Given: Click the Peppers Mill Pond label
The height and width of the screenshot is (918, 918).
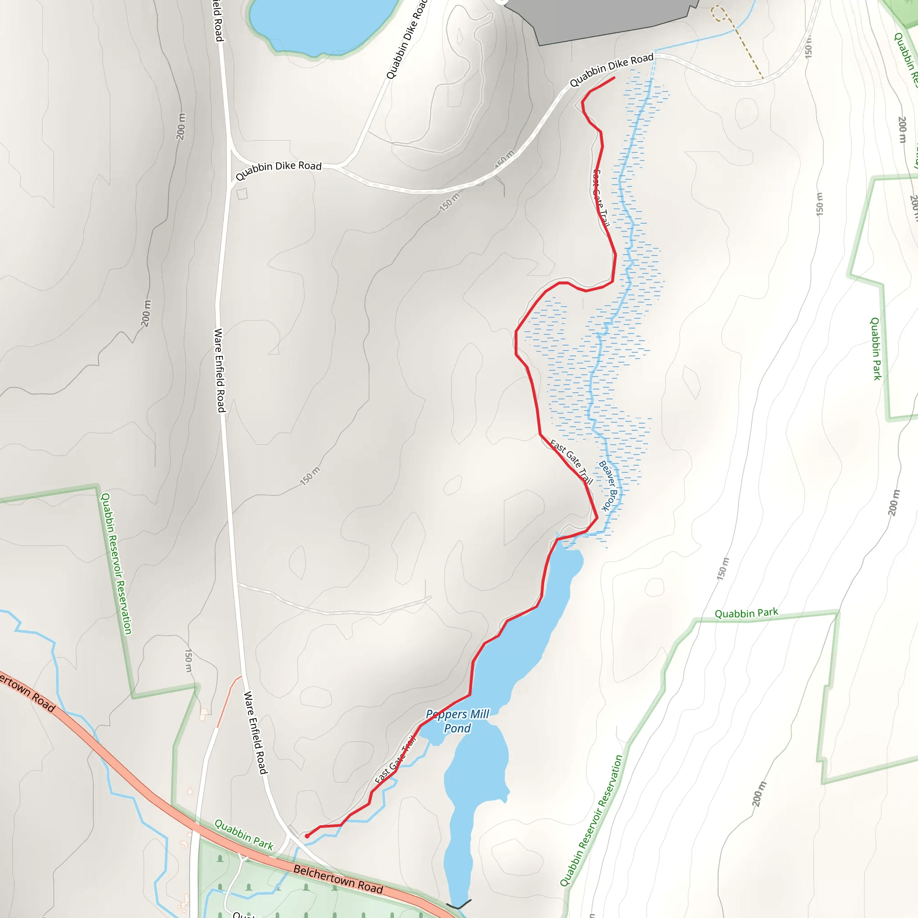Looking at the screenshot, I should pos(457,721).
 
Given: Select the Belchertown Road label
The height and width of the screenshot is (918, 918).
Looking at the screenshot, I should pos(338,879).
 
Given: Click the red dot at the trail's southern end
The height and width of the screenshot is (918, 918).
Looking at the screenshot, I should pos(307,836).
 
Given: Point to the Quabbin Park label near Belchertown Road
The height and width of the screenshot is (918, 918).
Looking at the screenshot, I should pos(244,834).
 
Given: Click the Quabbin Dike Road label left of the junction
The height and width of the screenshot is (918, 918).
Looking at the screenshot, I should pos(278,169).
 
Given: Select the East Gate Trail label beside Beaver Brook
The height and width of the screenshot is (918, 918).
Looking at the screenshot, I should pos(572,461).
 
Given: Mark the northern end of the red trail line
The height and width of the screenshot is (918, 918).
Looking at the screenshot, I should pos(614,78).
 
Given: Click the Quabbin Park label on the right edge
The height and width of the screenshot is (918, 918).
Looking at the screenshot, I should pos(875,349).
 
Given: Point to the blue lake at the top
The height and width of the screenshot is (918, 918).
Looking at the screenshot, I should pos(323,24).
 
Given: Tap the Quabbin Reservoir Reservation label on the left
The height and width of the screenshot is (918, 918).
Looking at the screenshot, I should pos(116,563).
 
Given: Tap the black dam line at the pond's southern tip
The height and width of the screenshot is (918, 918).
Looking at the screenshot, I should pos(459,903).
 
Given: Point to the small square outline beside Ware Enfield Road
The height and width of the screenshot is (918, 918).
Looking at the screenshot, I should pos(242,194).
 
